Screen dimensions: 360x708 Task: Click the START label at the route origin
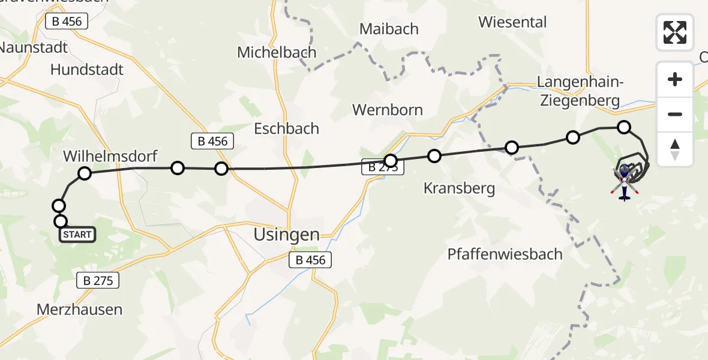click(77, 235)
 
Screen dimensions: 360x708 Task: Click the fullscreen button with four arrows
click(675, 32)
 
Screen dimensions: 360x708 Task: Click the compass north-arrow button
click(675, 149)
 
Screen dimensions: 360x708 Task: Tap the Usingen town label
click(286, 235)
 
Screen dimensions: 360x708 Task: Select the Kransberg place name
click(459, 188)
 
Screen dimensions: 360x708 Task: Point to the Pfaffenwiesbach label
click(505, 254)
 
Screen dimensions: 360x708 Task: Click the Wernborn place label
click(388, 110)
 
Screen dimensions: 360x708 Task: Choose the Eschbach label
click(286, 128)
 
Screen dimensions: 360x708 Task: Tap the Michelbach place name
click(277, 52)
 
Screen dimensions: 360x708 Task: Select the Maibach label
click(389, 29)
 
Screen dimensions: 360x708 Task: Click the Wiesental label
click(512, 22)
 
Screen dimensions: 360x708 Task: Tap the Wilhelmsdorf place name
click(110, 157)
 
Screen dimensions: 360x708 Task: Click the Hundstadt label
click(87, 70)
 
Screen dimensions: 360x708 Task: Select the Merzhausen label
click(79, 310)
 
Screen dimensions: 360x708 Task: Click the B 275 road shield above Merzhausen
click(98, 280)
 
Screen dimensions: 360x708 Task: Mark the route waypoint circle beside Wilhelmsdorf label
click(85, 173)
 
